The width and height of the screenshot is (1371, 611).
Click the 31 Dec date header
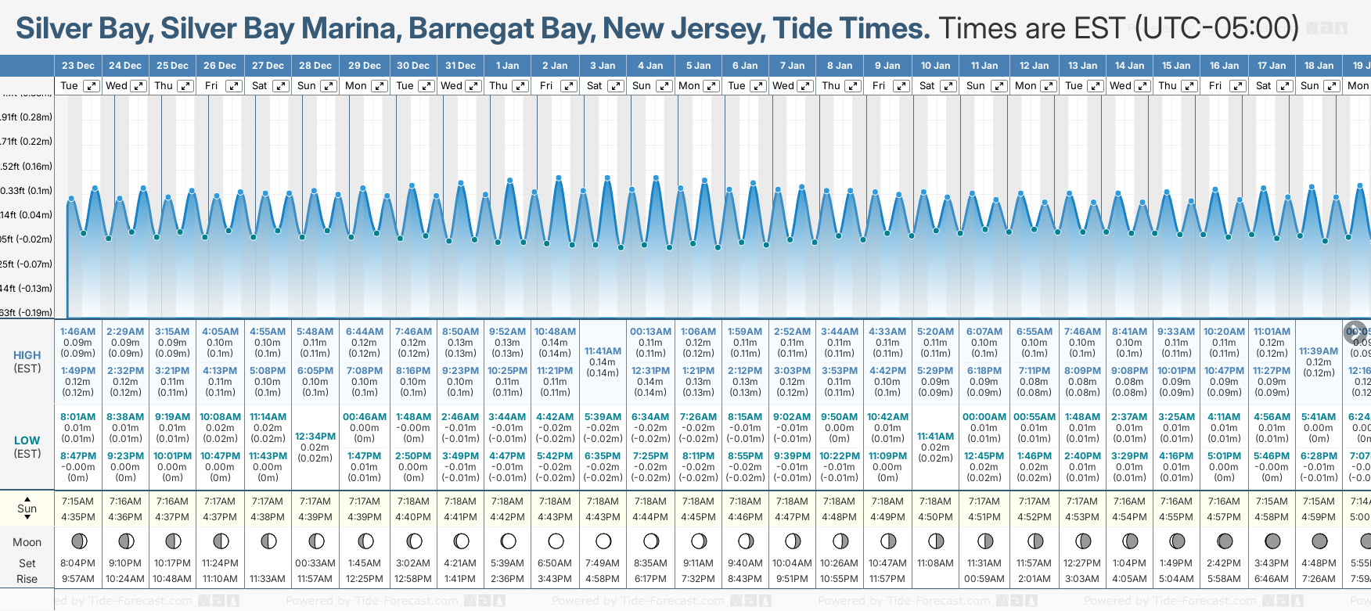(x=460, y=66)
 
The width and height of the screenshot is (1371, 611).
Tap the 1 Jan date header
(x=507, y=66)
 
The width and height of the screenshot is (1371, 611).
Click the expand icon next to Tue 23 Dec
(x=92, y=86)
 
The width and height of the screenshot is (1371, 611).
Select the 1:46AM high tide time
(x=77, y=332)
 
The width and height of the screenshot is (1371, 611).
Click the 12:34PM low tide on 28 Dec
(x=315, y=437)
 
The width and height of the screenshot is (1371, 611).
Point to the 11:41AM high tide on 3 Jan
(x=603, y=351)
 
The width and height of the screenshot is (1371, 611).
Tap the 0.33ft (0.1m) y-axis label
(x=27, y=191)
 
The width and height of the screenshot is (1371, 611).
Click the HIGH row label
(x=27, y=355)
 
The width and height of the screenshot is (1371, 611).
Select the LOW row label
(x=27, y=440)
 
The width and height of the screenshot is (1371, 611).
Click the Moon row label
(x=27, y=542)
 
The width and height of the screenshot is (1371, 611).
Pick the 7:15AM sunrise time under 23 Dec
(x=77, y=501)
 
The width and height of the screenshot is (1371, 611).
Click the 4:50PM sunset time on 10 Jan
(x=935, y=517)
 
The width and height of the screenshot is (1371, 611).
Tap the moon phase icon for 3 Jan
(x=603, y=541)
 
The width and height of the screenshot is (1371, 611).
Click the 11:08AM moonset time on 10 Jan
(x=935, y=563)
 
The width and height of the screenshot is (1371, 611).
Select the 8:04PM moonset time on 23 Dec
(x=77, y=563)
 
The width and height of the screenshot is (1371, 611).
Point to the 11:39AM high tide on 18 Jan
(x=1319, y=351)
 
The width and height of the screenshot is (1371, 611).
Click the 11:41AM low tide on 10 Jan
(x=935, y=437)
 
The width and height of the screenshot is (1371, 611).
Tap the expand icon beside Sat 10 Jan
(x=948, y=86)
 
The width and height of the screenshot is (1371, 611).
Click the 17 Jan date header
(x=1272, y=66)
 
